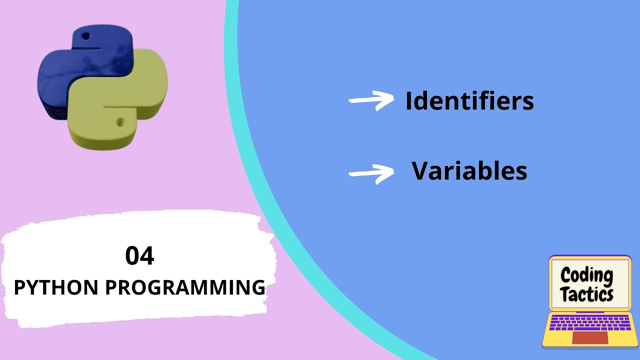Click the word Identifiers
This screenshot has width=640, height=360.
click(469, 101)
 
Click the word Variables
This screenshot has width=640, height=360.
click(469, 171)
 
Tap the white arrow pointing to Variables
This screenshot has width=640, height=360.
click(371, 172)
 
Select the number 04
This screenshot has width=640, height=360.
click(139, 256)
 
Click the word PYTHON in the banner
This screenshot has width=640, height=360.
click(55, 287)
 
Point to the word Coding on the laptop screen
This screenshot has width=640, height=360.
click(586, 274)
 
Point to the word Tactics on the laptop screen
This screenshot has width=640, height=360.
click(587, 294)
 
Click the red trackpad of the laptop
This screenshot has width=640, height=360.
click(590, 337)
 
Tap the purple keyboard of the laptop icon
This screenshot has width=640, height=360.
click(590, 323)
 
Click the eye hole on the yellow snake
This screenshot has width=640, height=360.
click(120, 122)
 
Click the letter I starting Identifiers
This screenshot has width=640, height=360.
click(409, 101)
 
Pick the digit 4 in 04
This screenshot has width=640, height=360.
click(147, 256)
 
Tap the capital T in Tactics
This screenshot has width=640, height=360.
click(565, 294)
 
